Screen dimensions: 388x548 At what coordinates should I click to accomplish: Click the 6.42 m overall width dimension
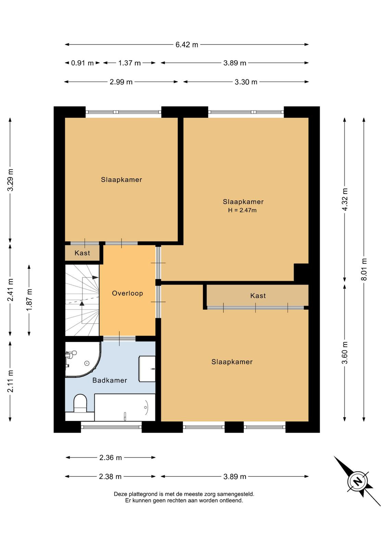[x=187, y=45]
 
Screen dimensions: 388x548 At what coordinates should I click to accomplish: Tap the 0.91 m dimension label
[x=82, y=63]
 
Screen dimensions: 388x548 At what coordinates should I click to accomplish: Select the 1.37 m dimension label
[x=130, y=63]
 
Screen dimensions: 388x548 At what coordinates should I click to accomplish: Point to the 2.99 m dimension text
[x=121, y=82]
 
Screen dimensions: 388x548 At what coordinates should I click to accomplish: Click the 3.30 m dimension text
[x=246, y=82]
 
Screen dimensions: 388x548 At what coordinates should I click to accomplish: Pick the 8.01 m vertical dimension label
[x=364, y=269]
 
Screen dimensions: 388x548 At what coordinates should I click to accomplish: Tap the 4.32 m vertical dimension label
[x=345, y=199]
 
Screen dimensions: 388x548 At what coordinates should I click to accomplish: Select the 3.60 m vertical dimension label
[x=345, y=353]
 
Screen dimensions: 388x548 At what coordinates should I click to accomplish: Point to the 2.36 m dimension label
[x=110, y=458]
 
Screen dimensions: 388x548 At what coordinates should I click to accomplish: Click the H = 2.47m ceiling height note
[x=242, y=210]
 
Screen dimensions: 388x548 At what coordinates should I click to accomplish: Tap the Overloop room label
[x=128, y=293]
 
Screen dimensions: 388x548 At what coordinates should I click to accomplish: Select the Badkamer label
[x=110, y=380]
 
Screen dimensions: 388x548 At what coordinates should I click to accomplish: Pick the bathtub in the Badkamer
[x=125, y=407]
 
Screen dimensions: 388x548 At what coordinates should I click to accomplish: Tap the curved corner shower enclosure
[x=83, y=359]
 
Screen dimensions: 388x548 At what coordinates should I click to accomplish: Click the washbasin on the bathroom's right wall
[x=147, y=369]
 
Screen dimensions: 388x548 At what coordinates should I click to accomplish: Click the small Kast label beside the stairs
[x=82, y=253]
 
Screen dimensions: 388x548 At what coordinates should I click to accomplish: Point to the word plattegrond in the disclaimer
[x=143, y=494]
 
